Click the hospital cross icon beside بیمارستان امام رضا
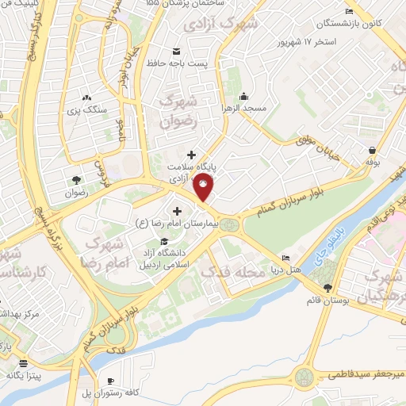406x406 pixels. coord(176,211)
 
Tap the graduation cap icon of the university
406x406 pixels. coord(163,241)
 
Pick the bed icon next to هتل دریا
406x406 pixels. coord(286,258)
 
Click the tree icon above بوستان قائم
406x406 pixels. coord(327,287)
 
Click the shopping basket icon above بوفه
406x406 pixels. coord(372,150)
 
